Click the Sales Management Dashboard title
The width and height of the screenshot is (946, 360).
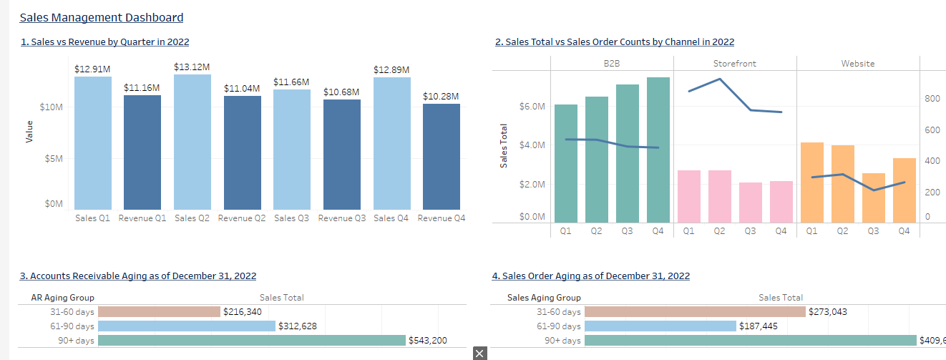click(101, 18)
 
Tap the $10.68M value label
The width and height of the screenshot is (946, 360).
click(341, 92)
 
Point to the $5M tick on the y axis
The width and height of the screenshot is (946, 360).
click(54, 158)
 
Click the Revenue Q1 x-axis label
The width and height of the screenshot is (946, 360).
click(142, 218)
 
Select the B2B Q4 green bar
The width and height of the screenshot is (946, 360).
click(658, 150)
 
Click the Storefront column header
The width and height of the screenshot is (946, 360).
click(734, 64)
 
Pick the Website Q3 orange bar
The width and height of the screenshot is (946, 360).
click(873, 198)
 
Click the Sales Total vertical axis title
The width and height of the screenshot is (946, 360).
click(504, 146)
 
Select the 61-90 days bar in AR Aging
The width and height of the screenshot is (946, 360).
click(186, 326)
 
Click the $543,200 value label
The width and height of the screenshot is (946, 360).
click(427, 341)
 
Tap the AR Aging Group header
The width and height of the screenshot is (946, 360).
click(62, 298)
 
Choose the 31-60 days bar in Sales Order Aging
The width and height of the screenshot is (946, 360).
click(694, 312)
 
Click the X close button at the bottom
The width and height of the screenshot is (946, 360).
click(479, 353)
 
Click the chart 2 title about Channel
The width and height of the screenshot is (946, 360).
click(614, 42)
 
